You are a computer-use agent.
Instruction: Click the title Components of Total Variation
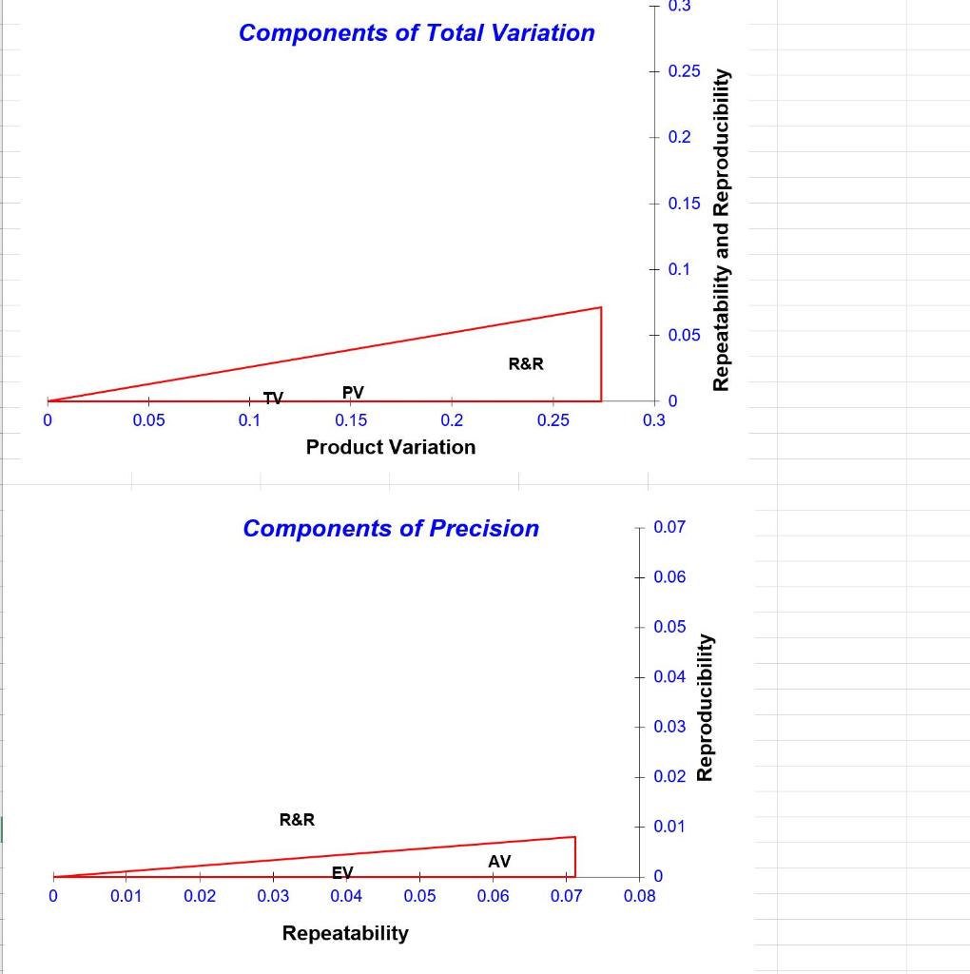(417, 32)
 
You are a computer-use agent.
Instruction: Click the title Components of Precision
(391, 528)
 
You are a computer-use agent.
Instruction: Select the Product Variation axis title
(391, 447)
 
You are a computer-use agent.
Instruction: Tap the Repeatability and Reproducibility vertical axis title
(722, 229)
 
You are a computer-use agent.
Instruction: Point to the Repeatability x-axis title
(345, 933)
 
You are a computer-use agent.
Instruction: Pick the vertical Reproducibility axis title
(705, 707)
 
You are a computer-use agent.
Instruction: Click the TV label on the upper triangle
(273, 399)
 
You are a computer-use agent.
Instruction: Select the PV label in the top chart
(353, 392)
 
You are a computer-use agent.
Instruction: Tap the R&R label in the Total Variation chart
(526, 363)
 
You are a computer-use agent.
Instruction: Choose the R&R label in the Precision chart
(297, 819)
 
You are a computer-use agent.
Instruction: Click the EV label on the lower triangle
(342, 872)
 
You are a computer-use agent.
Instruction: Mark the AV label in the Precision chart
(499, 861)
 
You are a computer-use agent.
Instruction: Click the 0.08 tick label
(639, 896)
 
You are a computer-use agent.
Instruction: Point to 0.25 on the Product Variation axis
(553, 420)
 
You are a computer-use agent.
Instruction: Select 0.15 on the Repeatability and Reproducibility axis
(684, 204)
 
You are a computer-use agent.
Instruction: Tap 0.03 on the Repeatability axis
(273, 896)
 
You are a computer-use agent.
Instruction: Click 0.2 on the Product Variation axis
(452, 420)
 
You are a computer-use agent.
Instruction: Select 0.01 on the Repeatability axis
(126, 896)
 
